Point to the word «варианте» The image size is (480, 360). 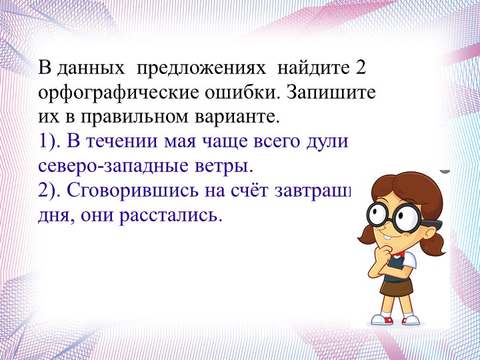click(x=241, y=118)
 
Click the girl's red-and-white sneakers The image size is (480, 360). click(x=396, y=319)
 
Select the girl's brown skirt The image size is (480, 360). click(x=400, y=283)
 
